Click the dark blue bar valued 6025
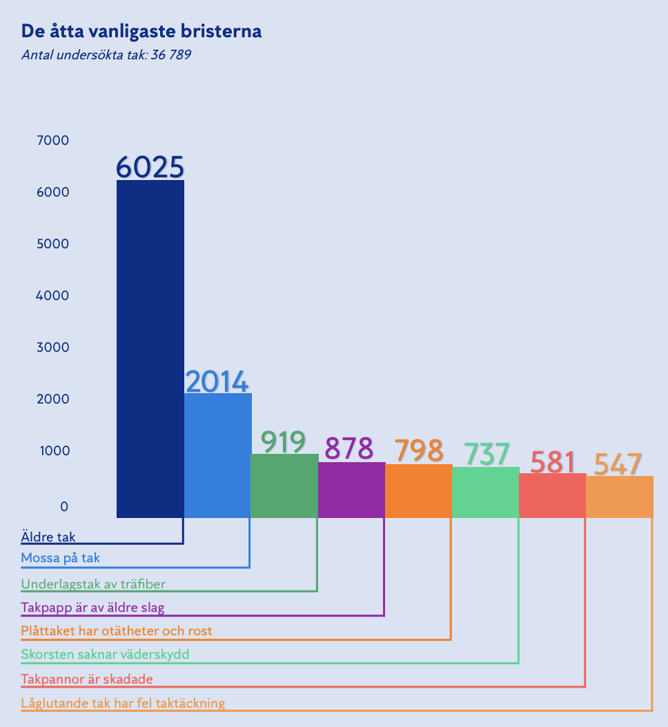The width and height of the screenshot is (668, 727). (x=150, y=348)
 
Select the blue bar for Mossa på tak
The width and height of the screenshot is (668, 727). (x=217, y=455)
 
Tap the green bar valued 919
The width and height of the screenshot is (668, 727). (x=284, y=486)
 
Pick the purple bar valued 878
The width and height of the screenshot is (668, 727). (x=351, y=490)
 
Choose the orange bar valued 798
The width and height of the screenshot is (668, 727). (x=418, y=490)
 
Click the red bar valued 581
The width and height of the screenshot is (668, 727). (x=552, y=495)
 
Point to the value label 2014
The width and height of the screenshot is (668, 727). (x=217, y=381)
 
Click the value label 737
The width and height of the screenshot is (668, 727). (x=487, y=454)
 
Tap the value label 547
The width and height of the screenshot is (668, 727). (x=618, y=464)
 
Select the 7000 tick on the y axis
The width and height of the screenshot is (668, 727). (x=52, y=141)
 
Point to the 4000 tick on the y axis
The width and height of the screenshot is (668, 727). (x=52, y=296)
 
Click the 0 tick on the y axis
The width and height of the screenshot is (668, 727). (x=64, y=507)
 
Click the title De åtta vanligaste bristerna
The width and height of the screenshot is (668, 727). (x=141, y=32)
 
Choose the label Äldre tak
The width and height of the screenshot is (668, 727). (x=48, y=537)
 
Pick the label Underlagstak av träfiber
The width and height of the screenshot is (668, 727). (x=93, y=584)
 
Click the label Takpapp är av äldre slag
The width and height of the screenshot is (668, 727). (x=92, y=608)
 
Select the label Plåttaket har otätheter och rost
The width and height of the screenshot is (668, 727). (x=117, y=630)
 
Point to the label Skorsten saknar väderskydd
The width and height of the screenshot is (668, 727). (x=105, y=654)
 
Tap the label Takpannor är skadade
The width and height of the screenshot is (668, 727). (x=87, y=679)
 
